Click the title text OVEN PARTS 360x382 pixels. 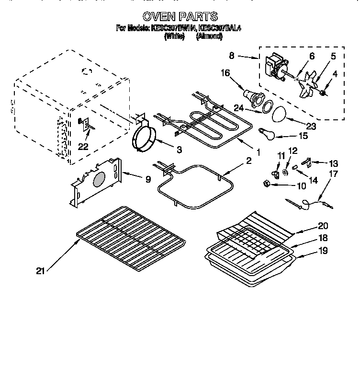180,17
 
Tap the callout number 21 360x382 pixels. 40,271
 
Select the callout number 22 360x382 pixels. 83,147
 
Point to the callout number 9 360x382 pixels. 148,179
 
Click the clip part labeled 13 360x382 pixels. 309,162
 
